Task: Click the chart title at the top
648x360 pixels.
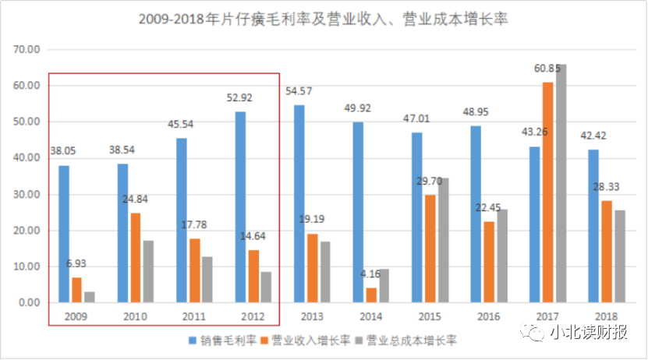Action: [323, 18]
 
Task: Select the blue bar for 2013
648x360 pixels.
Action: [299, 203]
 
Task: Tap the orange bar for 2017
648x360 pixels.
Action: [547, 192]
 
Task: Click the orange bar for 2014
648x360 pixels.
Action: [371, 295]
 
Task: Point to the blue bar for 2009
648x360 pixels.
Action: [64, 234]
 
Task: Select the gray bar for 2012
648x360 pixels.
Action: [266, 287]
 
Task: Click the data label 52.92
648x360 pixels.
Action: [239, 98]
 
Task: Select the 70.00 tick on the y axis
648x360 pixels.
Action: [26, 49]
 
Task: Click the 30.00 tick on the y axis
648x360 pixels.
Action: [26, 194]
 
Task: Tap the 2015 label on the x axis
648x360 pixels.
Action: [430, 317]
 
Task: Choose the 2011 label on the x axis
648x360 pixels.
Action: [193, 317]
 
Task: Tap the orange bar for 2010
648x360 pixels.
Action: [136, 257]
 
